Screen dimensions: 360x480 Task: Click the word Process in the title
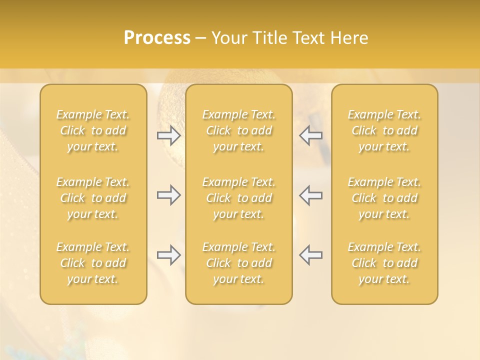click(x=157, y=38)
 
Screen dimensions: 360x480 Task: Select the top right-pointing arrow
click(x=169, y=135)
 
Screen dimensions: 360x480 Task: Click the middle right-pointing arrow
click(x=169, y=195)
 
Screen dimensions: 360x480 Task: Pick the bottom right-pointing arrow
click(x=169, y=255)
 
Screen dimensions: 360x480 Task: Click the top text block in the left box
click(x=93, y=130)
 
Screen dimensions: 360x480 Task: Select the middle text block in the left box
click(x=93, y=198)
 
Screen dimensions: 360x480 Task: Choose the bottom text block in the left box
click(x=93, y=263)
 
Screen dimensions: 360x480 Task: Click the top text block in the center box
click(x=239, y=130)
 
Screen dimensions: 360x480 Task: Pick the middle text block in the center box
click(x=239, y=198)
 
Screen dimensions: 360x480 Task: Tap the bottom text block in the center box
click(x=239, y=263)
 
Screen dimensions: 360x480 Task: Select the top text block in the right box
click(x=384, y=130)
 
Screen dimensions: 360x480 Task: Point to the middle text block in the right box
click(x=384, y=198)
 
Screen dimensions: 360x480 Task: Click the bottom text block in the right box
click(x=384, y=263)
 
